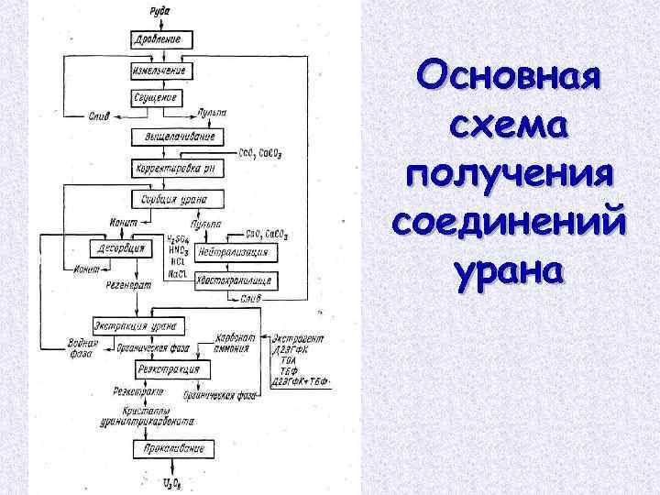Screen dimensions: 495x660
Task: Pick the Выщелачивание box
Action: (173, 136)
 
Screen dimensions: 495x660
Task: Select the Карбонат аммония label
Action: (237, 343)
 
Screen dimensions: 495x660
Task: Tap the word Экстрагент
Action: (298, 338)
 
